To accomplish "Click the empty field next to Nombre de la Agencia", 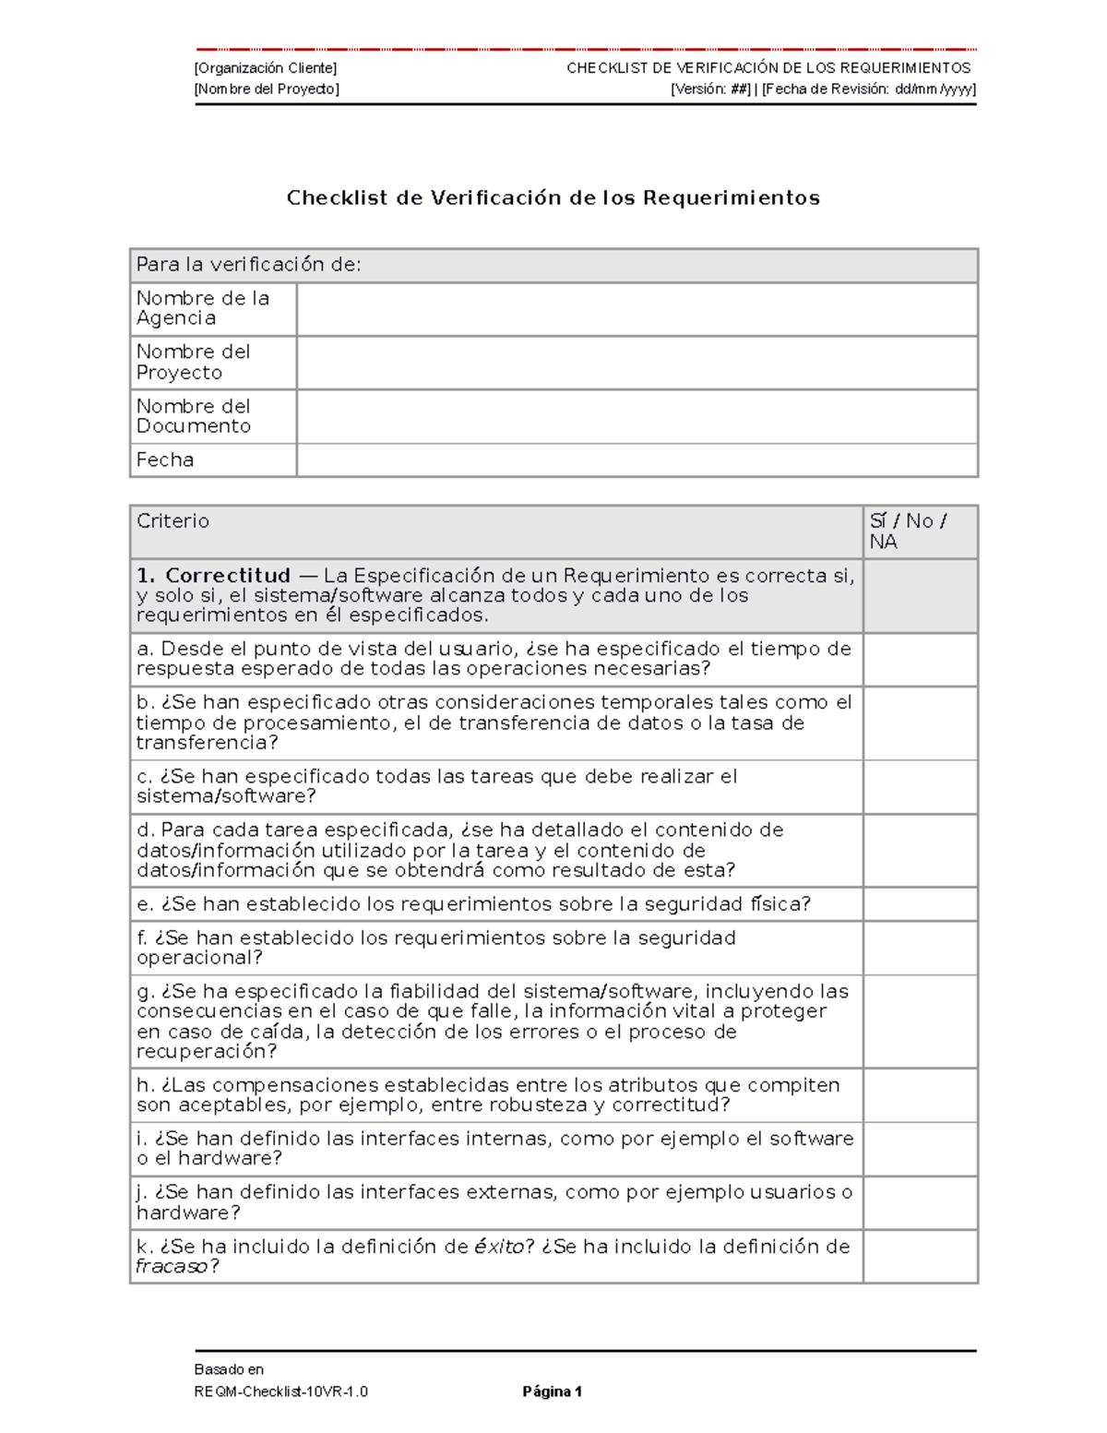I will tap(637, 309).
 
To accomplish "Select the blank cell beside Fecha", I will tap(637, 460).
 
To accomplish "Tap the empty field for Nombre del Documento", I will tap(637, 416).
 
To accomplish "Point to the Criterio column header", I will tap(173, 521).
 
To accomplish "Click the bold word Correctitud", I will tap(228, 576).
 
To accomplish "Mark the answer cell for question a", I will tap(920, 659).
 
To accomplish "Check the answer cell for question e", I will tap(920, 904).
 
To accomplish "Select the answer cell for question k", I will tap(920, 1256).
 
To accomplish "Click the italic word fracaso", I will tap(172, 1267).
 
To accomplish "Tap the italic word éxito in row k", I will tap(498, 1247).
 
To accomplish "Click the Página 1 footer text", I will tap(552, 1391).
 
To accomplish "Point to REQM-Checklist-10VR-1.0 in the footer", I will tap(281, 1391).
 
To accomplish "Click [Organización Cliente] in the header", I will tap(266, 68).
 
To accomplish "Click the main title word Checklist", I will tap(337, 197).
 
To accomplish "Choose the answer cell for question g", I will tap(920, 1021).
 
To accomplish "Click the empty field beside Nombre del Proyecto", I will tap(637, 363).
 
